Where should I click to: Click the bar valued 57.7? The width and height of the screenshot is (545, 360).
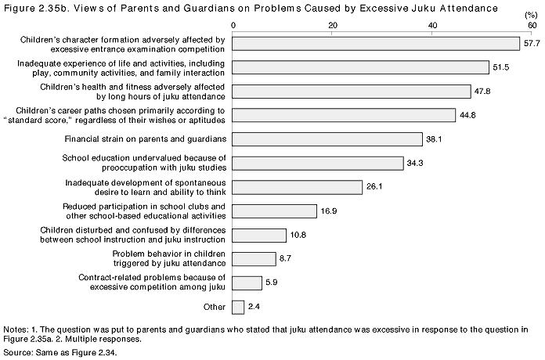pos(376,44)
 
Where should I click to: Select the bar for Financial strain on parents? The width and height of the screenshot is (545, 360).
pos(327,139)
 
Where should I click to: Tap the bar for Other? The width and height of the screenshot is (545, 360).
pos(238,308)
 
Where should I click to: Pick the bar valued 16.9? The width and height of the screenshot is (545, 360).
pos(275,211)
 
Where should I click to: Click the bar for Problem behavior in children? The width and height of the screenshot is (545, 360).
pos(254,259)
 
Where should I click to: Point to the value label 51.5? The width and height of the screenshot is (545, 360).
pos(501,67)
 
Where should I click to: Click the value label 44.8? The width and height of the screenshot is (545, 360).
pos(467,115)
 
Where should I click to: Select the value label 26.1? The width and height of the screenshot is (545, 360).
pos(374,186)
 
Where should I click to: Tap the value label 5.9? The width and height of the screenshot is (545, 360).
pos(272,283)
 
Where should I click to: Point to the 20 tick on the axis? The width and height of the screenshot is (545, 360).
pos(333,25)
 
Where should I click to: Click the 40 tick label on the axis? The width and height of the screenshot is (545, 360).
pos(432,25)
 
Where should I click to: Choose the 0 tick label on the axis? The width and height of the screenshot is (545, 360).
pos(233,25)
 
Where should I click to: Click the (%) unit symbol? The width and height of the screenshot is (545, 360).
pos(531,16)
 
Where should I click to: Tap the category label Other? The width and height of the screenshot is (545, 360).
pos(215,308)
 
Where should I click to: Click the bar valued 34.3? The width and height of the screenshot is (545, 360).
pos(318,164)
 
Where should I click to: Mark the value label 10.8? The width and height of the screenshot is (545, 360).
pos(298,236)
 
